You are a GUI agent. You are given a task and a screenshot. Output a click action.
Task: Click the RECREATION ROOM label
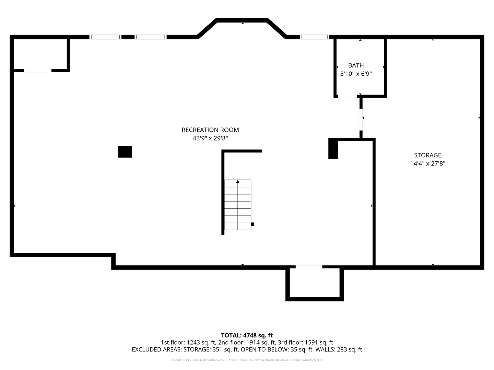(210, 130)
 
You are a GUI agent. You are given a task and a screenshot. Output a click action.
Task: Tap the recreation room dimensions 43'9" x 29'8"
(210, 138)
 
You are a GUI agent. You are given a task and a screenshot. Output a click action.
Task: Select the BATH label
(356, 65)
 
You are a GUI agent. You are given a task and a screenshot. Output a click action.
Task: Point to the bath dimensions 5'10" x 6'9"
(356, 74)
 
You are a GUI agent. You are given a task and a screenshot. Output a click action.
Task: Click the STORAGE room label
(427, 155)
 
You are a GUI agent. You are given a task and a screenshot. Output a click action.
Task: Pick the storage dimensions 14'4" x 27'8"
(427, 163)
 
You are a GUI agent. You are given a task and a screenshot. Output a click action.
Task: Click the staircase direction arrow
(238, 182)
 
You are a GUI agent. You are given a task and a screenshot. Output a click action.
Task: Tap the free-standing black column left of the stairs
(125, 152)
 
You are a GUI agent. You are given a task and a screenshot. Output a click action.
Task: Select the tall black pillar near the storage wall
(333, 149)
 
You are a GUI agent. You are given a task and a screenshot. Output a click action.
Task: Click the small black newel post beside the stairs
(252, 224)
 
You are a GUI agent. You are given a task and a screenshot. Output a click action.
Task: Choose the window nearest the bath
(314, 37)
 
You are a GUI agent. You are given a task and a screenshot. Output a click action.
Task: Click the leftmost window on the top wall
(105, 37)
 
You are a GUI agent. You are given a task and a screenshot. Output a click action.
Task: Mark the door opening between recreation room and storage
(361, 120)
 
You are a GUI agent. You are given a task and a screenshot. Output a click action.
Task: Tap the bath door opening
(348, 96)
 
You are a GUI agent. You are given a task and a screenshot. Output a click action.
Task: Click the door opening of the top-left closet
(38, 71)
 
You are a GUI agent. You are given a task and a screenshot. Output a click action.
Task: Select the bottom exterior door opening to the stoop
(309, 267)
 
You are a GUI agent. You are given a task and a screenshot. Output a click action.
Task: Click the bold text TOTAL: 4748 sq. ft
(247, 335)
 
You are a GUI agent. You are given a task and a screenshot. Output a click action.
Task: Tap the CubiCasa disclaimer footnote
(247, 360)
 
